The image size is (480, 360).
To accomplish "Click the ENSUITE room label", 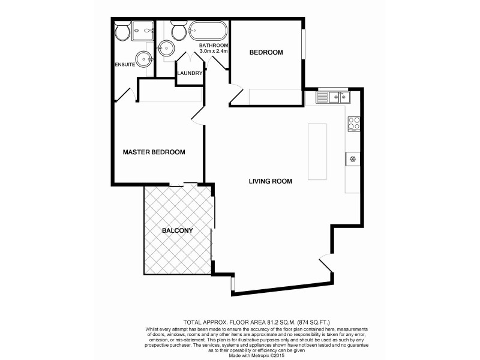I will (125, 64).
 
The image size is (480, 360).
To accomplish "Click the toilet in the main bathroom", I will (178, 30).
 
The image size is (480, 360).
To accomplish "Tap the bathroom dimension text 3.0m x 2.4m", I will (214, 52).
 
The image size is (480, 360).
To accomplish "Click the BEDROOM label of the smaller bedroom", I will (266, 53).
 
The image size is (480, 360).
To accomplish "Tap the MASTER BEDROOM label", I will (154, 152).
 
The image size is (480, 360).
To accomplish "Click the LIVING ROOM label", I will (271, 181).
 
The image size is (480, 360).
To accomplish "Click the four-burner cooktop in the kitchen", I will (353, 123).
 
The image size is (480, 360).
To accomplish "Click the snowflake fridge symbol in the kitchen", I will (353, 159).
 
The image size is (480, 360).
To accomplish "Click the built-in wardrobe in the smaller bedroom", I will (275, 97).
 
